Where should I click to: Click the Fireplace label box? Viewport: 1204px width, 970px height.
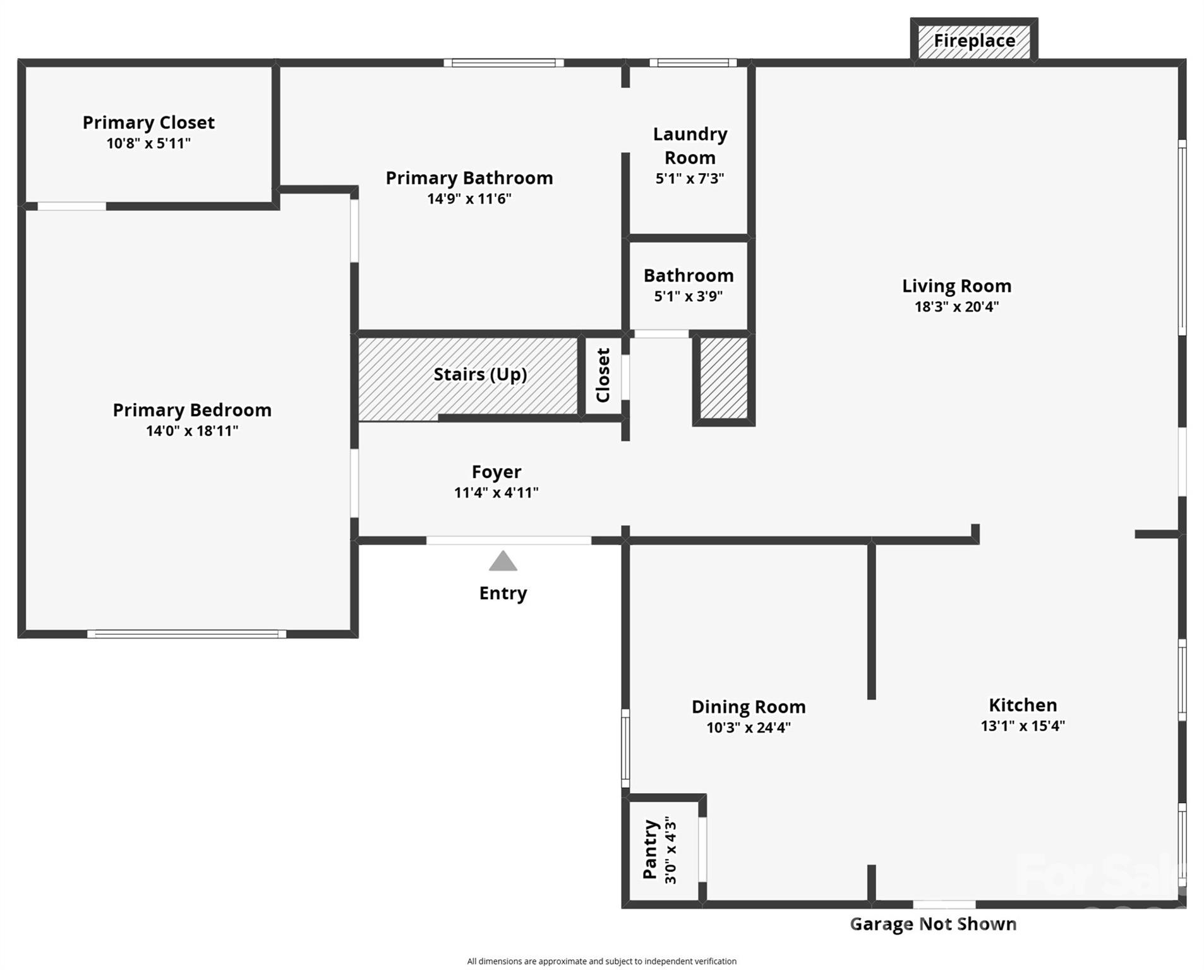click(973, 40)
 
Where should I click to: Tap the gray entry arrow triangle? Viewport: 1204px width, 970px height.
click(503, 561)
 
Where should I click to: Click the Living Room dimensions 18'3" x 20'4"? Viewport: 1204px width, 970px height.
click(956, 307)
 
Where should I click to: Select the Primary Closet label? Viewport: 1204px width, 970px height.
click(148, 123)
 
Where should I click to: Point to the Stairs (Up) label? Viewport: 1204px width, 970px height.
click(480, 374)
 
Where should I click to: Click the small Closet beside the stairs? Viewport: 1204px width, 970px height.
click(603, 375)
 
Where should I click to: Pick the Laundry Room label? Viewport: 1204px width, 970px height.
click(690, 146)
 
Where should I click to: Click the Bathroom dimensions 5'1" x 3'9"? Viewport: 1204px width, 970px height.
click(689, 296)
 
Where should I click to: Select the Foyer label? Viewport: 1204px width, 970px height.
click(497, 472)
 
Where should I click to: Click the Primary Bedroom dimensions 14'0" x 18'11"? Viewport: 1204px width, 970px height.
click(192, 431)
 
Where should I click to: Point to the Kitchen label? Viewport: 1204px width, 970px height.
click(1023, 705)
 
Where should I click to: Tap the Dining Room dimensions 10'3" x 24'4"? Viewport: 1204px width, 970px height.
click(749, 727)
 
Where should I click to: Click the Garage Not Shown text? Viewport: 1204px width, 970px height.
click(933, 924)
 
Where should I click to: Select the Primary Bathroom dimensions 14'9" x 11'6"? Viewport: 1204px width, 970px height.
click(469, 199)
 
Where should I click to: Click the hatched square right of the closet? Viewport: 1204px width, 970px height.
click(724, 378)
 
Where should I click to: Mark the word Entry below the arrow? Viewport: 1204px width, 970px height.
click(503, 594)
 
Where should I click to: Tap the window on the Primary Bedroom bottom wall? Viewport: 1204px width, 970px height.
click(186, 634)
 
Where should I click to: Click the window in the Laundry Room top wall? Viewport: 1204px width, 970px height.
click(693, 63)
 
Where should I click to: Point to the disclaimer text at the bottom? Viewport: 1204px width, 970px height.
click(601, 961)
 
